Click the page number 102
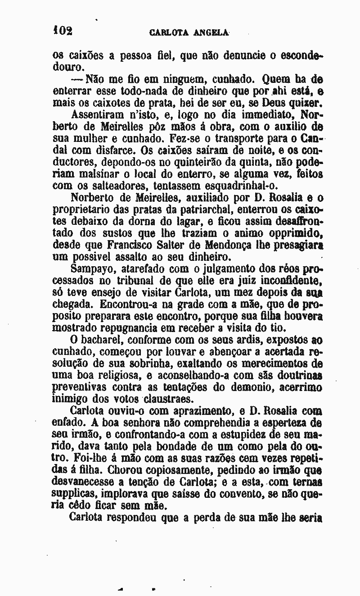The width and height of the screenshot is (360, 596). [x=63, y=31]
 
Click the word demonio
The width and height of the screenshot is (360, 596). [x=249, y=387]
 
